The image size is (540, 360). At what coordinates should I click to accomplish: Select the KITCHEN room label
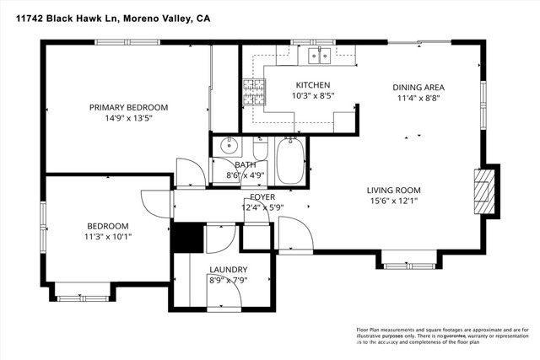tap(312, 85)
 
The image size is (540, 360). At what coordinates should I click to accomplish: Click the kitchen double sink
tap(319, 56)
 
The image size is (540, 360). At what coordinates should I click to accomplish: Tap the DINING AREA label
tap(418, 87)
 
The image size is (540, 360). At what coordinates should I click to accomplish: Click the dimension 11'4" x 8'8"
tap(418, 99)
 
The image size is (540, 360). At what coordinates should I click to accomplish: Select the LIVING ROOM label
tap(393, 190)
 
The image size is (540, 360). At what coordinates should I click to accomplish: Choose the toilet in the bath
tap(260, 152)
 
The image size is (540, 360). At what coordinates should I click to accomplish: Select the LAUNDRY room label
tap(228, 270)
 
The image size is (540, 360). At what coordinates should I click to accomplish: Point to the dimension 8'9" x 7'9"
tap(228, 281)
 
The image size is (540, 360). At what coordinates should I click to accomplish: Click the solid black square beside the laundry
tap(187, 237)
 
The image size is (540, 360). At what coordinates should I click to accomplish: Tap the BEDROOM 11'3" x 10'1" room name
tap(109, 225)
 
